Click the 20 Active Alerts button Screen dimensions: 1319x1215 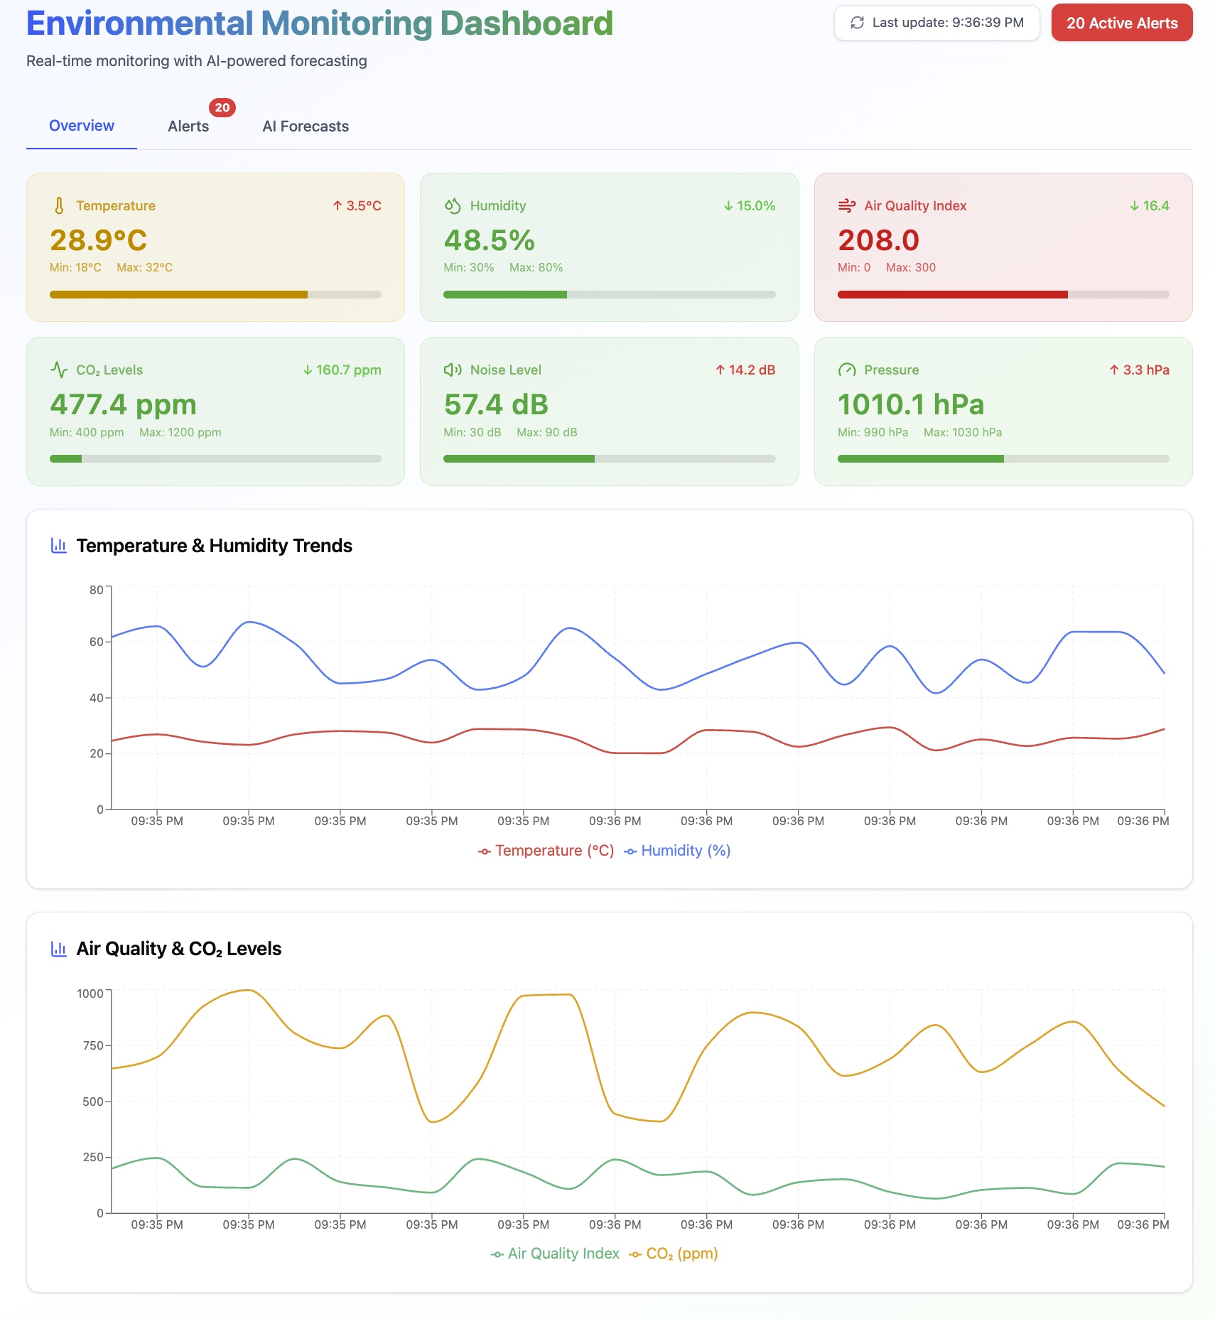point(1121,23)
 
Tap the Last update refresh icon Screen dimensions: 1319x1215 point(858,23)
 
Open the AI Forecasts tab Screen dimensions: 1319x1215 point(306,126)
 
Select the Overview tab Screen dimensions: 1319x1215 point(82,126)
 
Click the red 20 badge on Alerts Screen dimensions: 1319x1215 point(222,108)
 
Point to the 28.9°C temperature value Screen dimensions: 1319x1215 point(99,240)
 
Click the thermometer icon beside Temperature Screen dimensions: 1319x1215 point(59,206)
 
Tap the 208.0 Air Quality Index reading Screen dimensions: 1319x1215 point(878,240)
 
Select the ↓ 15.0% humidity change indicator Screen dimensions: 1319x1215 point(749,206)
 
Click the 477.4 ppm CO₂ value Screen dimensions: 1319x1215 point(123,405)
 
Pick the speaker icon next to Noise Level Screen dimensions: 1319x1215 point(453,370)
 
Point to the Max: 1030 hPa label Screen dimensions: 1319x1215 point(962,432)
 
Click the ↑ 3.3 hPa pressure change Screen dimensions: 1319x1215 point(1139,370)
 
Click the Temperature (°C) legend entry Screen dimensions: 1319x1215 point(546,851)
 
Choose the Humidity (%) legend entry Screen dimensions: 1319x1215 point(678,851)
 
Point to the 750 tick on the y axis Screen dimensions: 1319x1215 point(93,1045)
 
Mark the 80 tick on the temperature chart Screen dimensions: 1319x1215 point(97,590)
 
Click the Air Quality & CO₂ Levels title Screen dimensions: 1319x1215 point(179,949)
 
